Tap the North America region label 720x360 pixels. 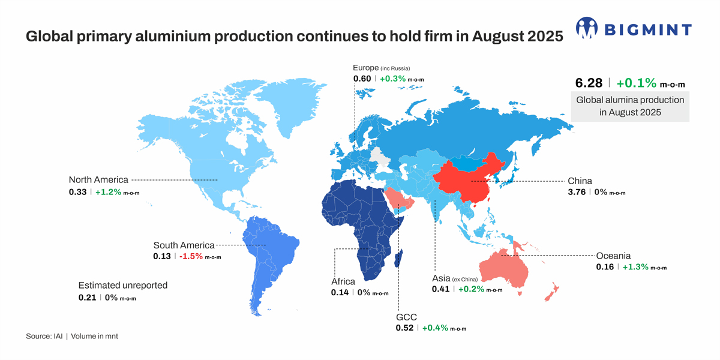tap(98, 179)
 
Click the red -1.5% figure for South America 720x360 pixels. tap(190, 256)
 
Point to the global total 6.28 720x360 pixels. tap(589, 83)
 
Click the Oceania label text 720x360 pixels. tap(613, 256)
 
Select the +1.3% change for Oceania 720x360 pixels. tap(635, 267)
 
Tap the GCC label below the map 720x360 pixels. tap(406, 317)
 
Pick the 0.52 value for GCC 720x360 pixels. tap(404, 328)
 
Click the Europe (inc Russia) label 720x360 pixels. tap(381, 67)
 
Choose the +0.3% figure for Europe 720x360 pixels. tap(392, 79)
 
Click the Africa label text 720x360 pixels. tap(343, 281)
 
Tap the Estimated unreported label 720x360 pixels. tap(123, 286)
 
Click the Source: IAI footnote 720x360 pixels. tap(71, 336)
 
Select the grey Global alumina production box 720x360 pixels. tap(630, 106)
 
